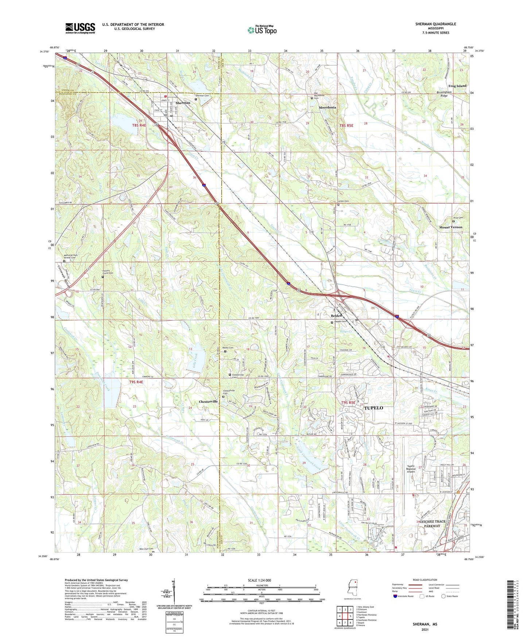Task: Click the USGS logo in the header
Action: click(x=80, y=28)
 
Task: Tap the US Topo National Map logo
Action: click(x=261, y=30)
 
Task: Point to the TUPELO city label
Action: click(x=374, y=408)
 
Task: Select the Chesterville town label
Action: click(x=208, y=401)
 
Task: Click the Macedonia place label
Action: click(x=327, y=108)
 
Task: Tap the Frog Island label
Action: click(x=457, y=86)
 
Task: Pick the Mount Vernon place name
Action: click(x=450, y=227)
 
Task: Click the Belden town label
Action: click(x=336, y=316)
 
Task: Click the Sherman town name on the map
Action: click(x=183, y=103)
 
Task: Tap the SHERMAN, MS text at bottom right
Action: click(x=425, y=624)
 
